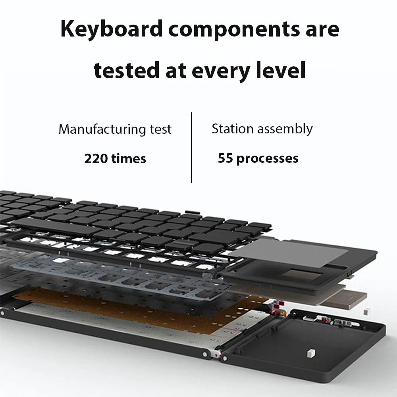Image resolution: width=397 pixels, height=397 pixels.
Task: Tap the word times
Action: (129, 159)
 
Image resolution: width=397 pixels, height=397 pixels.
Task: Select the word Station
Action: (232, 129)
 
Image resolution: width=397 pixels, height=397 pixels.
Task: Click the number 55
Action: (225, 158)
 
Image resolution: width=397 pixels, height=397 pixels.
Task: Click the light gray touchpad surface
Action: (306, 252)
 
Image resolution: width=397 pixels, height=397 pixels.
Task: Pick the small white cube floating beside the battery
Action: (366, 312)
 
